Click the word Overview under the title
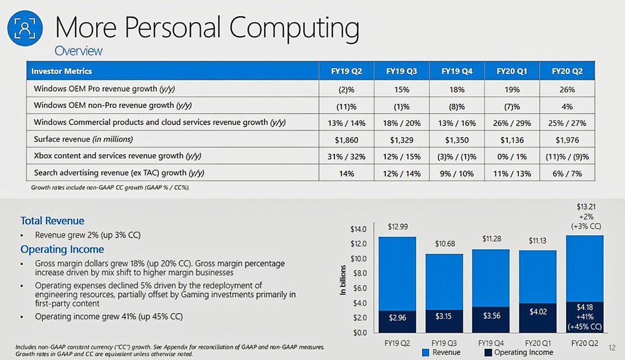click(78, 51)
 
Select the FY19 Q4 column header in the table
click(456, 71)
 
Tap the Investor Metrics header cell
click(61, 71)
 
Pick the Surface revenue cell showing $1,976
click(567, 140)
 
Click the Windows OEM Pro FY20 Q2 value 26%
click(567, 89)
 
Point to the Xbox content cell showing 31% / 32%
click(346, 156)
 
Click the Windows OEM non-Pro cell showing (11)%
click(346, 106)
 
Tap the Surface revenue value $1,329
click(402, 140)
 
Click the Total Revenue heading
click(52, 220)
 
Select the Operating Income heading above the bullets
click(62, 249)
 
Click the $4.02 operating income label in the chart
click(537, 312)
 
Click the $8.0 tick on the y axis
click(360, 273)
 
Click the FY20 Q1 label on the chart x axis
click(538, 343)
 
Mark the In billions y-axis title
click(343, 280)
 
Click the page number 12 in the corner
click(611, 346)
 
